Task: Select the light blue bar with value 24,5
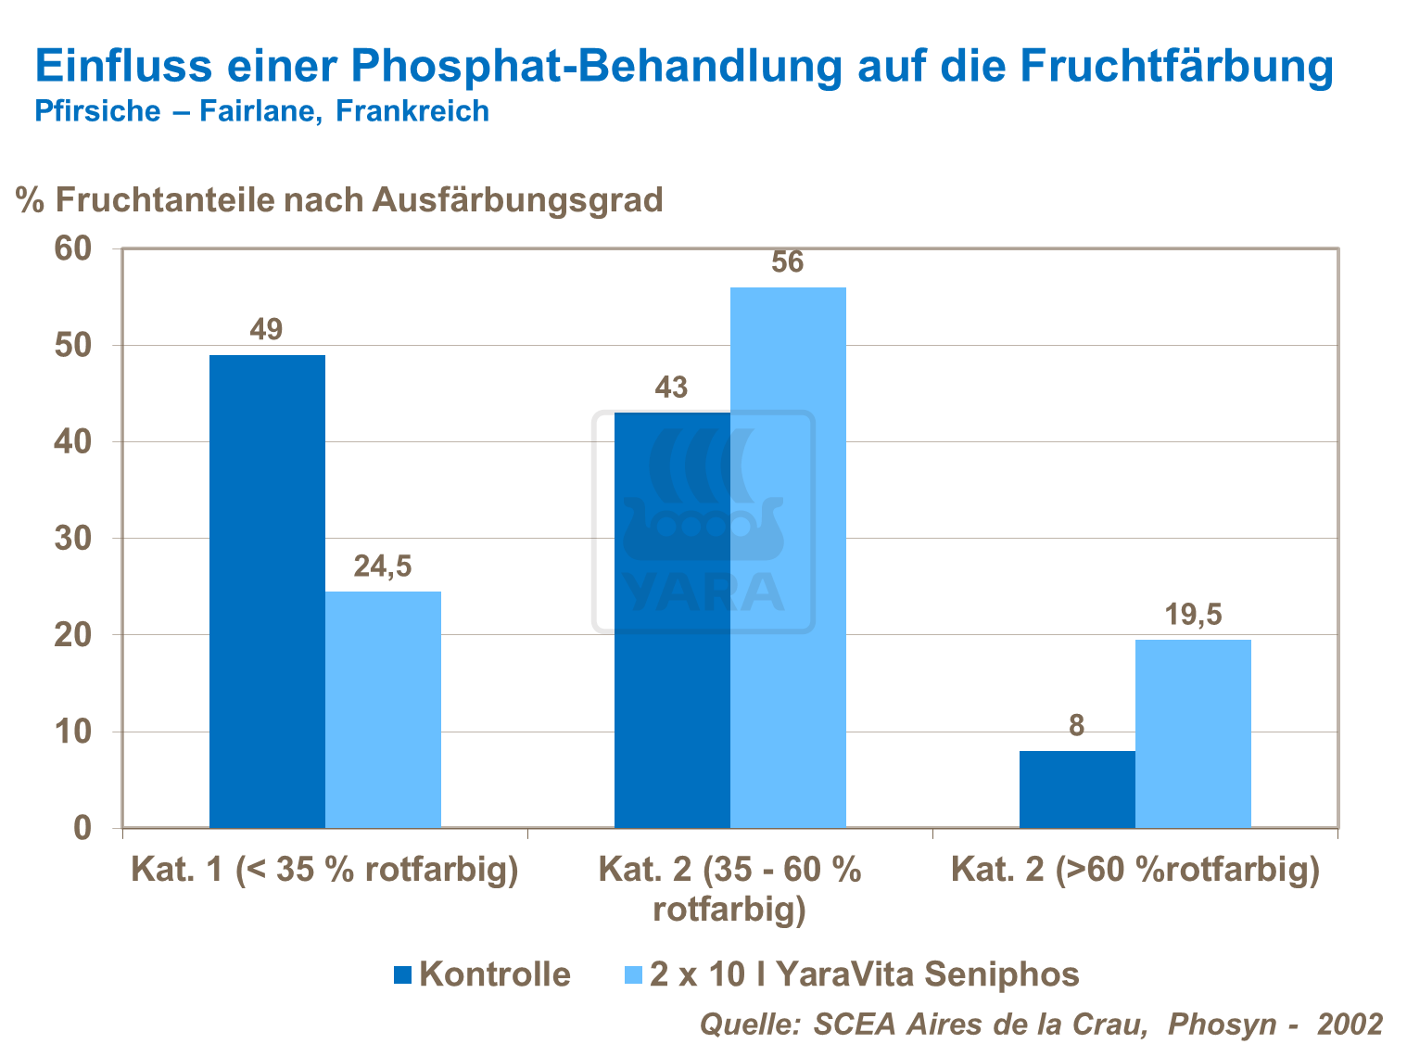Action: pos(383,709)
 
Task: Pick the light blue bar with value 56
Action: pos(788,556)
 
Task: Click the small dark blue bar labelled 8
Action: pos(1077,789)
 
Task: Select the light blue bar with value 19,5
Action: pos(1193,733)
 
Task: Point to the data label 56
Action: pos(788,262)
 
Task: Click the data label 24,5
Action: pos(383,567)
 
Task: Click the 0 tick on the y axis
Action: pos(82,828)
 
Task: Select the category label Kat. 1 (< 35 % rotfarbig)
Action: pos(324,871)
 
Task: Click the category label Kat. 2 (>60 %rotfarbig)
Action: pos(1135,871)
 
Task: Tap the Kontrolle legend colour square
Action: pos(402,974)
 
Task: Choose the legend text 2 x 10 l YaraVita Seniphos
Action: pos(864,974)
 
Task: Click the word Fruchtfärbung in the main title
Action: pos(1177,67)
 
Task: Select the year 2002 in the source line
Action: pos(1350,1024)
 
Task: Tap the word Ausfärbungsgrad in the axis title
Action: pos(517,199)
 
